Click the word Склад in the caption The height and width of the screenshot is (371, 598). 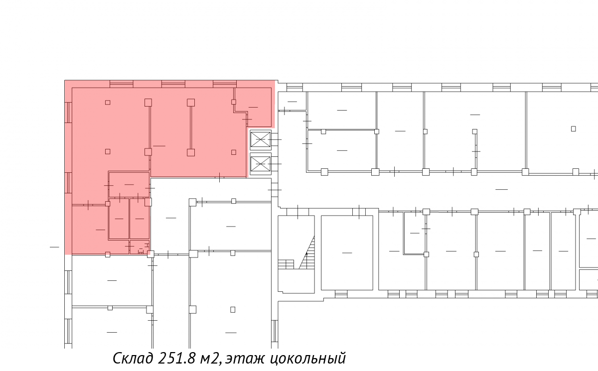pos(133,358)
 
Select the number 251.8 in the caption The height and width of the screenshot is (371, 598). pos(176,358)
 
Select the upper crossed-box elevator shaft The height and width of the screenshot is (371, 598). pos(261,139)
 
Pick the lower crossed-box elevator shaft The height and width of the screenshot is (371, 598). pos(261,164)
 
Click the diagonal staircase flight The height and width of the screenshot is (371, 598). pos(307,252)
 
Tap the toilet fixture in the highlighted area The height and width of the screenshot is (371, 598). pos(141,251)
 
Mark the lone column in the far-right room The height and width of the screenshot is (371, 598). pos(573,129)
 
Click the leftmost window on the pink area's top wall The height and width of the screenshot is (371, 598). pos(122,84)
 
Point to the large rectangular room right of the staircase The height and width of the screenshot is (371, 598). pos(347,252)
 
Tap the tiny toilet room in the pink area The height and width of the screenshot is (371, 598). pos(140,247)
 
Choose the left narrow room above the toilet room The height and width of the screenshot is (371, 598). pos(119,219)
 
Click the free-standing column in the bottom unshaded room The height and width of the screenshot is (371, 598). pos(233,310)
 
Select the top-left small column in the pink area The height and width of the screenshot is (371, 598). pos(108,103)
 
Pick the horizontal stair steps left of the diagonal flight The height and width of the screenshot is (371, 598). pos(286,264)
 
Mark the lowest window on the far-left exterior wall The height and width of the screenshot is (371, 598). pos(68,331)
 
